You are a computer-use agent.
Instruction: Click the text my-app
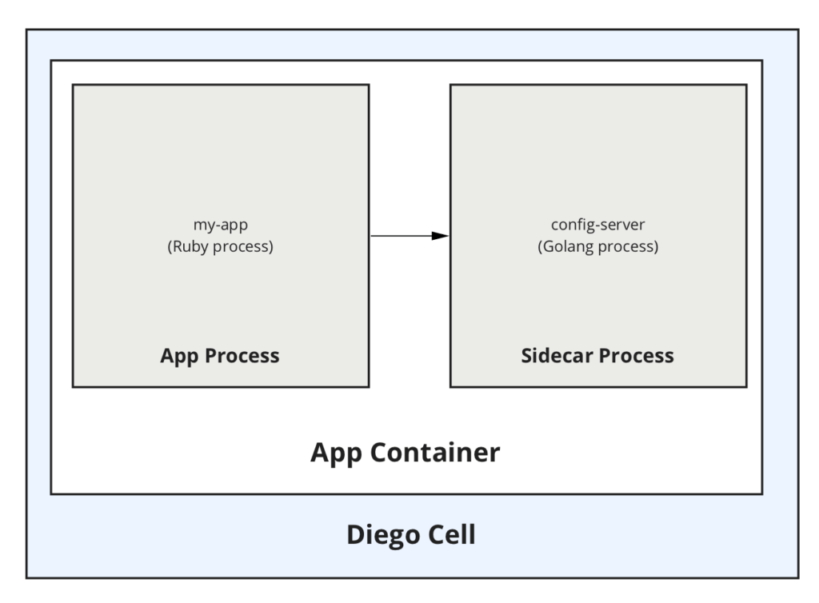[x=220, y=225]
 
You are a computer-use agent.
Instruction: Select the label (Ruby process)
[x=220, y=246]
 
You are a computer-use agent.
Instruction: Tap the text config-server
[x=597, y=225]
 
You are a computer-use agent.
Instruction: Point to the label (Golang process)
[x=597, y=246]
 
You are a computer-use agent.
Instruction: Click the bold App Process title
[x=220, y=356]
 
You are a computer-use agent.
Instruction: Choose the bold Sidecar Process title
[x=597, y=356]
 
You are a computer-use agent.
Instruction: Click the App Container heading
[x=406, y=453]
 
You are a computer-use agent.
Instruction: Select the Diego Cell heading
[x=411, y=534]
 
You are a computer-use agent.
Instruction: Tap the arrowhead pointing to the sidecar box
[x=440, y=236]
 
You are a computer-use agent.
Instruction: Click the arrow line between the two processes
[x=400, y=236]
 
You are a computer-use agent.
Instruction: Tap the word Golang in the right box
[x=569, y=246]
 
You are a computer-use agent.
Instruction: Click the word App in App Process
[x=178, y=356]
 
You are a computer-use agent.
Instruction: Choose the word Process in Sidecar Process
[x=637, y=356]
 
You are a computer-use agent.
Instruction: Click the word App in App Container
[x=335, y=453]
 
